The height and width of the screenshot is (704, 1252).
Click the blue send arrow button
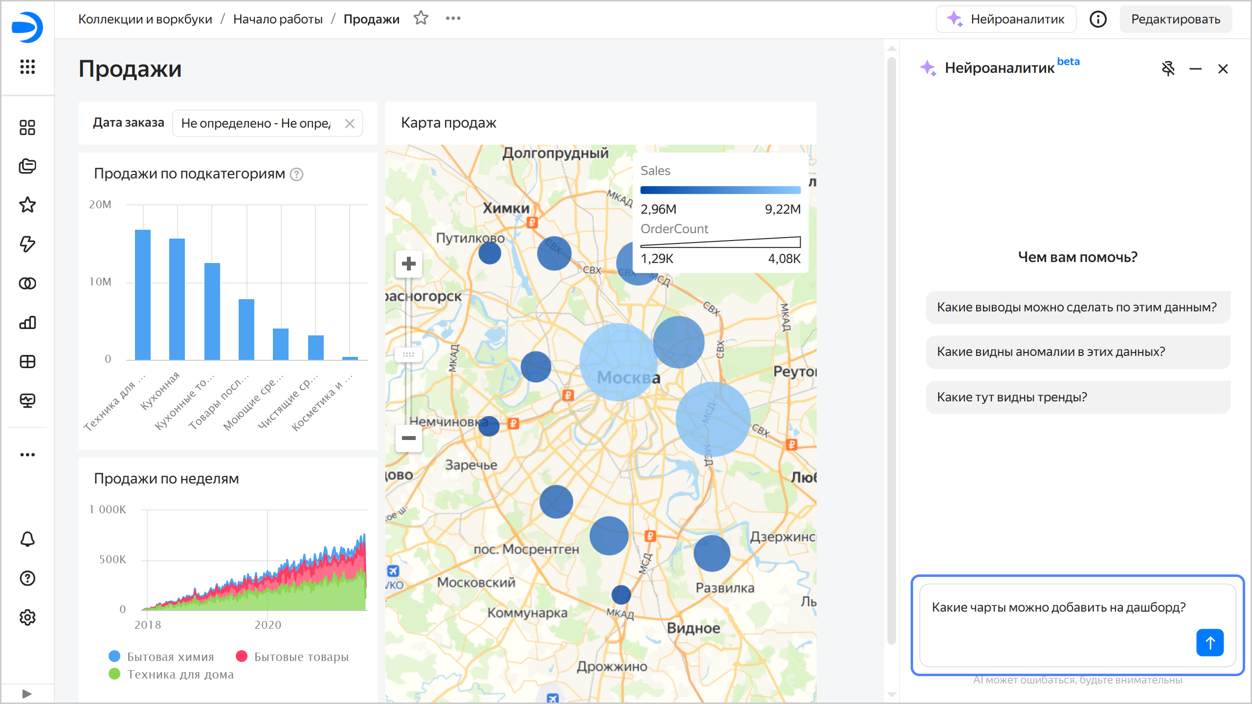[x=1209, y=642]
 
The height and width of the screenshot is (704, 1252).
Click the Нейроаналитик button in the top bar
[x=1006, y=19]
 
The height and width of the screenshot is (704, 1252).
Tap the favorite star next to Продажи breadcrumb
[x=421, y=19]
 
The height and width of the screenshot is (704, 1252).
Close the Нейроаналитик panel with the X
[x=1223, y=69]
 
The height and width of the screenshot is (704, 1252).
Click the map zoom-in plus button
[x=408, y=264]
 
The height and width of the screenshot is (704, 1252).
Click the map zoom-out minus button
[x=408, y=438]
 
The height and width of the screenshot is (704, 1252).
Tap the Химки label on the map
[x=506, y=208]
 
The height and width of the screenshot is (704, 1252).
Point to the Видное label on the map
[x=693, y=628]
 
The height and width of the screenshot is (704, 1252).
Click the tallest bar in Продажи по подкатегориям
[x=143, y=294]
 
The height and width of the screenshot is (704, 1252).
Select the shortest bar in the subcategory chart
[x=350, y=358]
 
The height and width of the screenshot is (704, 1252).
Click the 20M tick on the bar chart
[x=100, y=204]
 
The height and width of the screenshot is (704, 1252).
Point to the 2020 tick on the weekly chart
[x=268, y=625]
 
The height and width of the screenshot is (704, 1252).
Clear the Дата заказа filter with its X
[x=349, y=123]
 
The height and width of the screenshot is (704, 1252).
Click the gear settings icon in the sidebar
[x=27, y=617]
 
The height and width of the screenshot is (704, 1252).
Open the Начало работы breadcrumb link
[x=278, y=19]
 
